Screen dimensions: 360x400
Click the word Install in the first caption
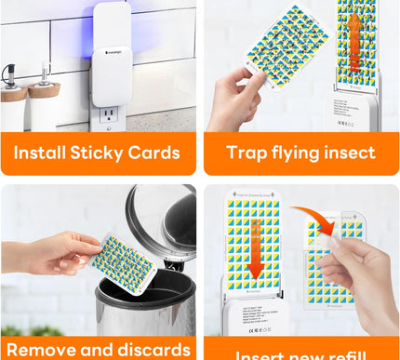pos(41,153)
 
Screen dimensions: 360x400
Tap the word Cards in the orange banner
pos(153,153)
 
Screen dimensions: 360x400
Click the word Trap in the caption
pos(245,153)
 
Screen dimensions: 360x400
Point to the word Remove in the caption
pos(41,350)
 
